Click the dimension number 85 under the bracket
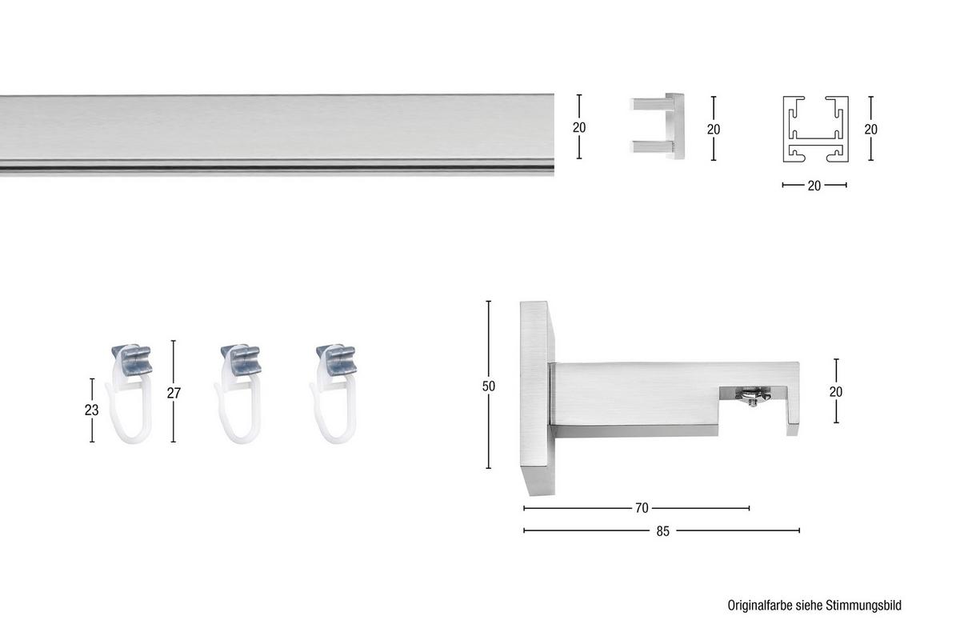662,530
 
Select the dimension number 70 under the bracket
642,508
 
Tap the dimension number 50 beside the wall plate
489,386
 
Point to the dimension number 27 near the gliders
174,393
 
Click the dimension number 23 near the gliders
92,410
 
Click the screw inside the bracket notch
752,396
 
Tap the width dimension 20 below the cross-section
814,186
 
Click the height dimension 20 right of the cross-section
871,129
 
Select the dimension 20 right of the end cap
714,129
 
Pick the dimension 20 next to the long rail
579,127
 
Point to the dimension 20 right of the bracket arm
837,391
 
